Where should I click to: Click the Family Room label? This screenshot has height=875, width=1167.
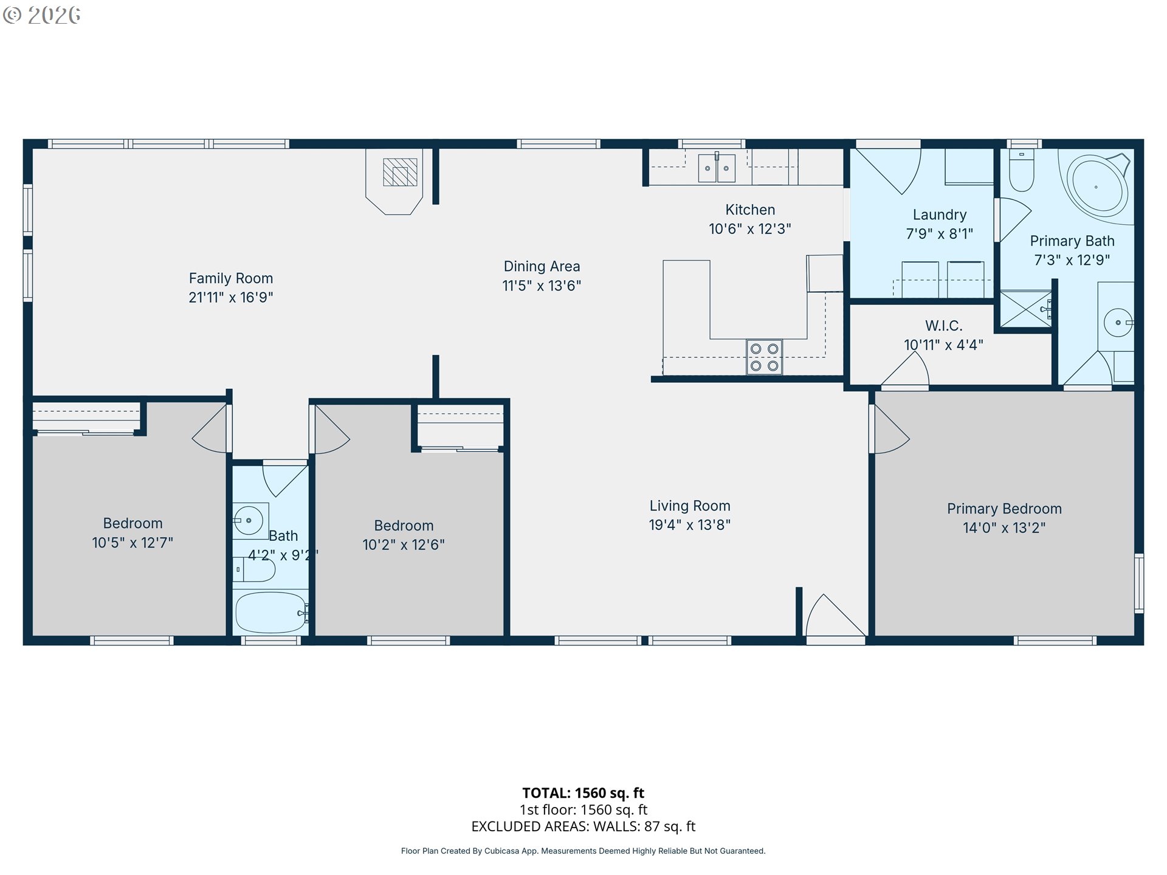(x=231, y=278)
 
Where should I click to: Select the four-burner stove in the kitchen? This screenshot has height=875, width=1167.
(x=764, y=357)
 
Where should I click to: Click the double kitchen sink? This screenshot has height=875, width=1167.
(x=717, y=167)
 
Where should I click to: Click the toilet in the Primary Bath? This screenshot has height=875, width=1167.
(x=1022, y=170)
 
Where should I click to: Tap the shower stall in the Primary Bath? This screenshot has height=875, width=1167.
(x=1026, y=309)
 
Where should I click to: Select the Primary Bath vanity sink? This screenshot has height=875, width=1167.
(x=1118, y=322)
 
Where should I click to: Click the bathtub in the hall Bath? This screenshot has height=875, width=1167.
(x=271, y=612)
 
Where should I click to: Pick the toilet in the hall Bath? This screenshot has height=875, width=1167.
(x=254, y=570)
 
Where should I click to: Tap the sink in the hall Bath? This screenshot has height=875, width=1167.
(x=249, y=521)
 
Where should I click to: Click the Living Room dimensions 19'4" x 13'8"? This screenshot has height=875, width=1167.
(x=690, y=525)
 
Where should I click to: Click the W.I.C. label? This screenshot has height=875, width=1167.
(x=944, y=326)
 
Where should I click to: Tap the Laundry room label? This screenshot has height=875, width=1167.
(x=940, y=214)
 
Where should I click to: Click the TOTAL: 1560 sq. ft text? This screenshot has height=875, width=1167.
(x=583, y=793)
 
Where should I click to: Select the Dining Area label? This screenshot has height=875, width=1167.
(x=542, y=266)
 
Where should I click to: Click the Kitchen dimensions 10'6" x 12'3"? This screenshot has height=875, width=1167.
(x=750, y=229)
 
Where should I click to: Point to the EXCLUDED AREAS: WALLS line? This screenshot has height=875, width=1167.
(x=583, y=826)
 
